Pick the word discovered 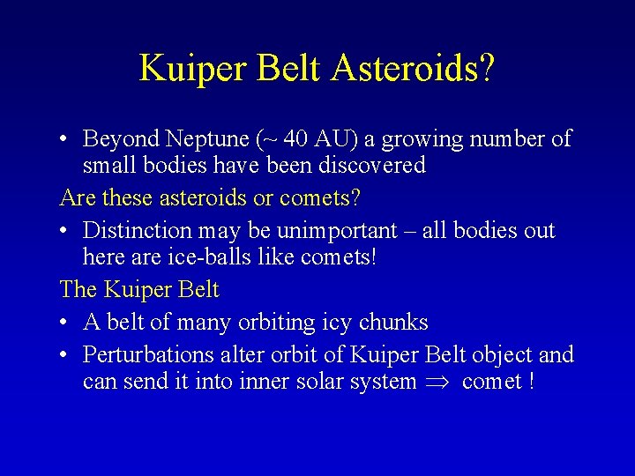[x=371, y=165]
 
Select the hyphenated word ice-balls [x=198, y=257]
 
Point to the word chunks [x=393, y=323]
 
